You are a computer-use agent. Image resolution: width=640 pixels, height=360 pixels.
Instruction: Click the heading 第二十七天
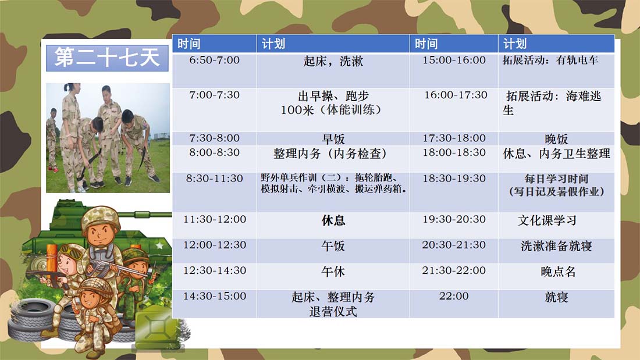(107, 57)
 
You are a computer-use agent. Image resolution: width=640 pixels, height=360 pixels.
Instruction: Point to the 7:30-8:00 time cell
(214, 138)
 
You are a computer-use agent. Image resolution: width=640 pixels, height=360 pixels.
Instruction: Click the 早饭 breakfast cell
(333, 139)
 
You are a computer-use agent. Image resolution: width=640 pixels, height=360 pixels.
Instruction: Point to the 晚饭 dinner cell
(556, 139)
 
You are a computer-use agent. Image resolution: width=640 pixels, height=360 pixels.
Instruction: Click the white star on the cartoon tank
(159, 245)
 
